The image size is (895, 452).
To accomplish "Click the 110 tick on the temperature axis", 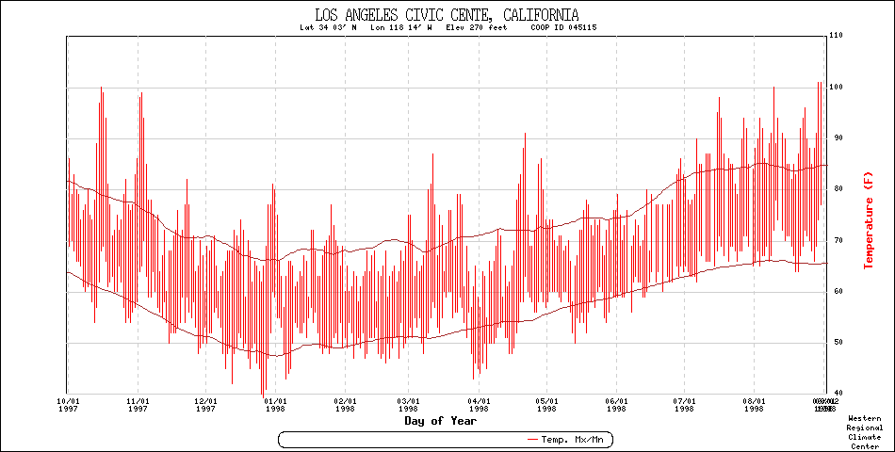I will [x=835, y=36].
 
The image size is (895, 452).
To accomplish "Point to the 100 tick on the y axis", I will [x=835, y=88].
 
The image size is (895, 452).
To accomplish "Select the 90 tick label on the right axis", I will [x=834, y=138].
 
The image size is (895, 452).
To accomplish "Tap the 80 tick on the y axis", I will [x=834, y=189].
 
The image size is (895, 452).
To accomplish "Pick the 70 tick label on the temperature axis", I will [x=834, y=240].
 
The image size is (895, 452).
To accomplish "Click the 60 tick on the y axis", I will [x=834, y=291].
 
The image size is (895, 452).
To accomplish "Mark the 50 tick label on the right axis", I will [x=834, y=342].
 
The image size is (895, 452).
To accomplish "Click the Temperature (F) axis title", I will [x=869, y=218].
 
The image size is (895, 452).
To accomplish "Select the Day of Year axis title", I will [x=441, y=421].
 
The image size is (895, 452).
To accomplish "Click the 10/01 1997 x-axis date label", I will [x=67, y=404].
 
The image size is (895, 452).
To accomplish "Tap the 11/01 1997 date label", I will [x=138, y=404].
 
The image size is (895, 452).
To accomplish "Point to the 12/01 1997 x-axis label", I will [x=206, y=404].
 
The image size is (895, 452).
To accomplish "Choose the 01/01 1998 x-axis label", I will [x=275, y=404].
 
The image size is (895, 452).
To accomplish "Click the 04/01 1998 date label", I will [x=480, y=404].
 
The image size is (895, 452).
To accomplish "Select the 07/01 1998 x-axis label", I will [x=685, y=404].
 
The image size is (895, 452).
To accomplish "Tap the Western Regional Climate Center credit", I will [x=865, y=431].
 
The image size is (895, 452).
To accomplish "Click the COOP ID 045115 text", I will [x=563, y=27].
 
